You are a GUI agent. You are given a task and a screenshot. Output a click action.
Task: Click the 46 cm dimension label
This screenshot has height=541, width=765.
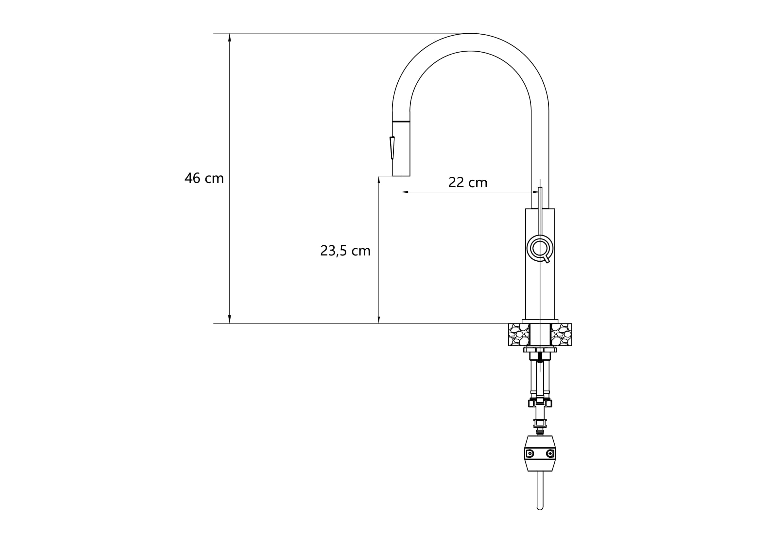coord(204,178)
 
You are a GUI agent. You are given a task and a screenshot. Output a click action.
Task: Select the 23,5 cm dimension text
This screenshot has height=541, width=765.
coord(345,251)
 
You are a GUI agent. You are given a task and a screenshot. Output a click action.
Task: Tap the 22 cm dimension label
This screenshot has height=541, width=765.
coord(468,183)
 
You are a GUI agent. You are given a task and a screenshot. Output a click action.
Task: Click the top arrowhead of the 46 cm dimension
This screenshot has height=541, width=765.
coord(229,37)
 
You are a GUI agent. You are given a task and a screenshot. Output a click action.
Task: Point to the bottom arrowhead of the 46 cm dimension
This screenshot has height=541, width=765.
coord(229,319)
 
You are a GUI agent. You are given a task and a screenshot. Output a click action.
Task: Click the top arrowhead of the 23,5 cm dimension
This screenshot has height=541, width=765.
coord(378,180)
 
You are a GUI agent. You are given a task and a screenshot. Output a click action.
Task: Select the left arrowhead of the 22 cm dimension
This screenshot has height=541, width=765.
coord(405,192)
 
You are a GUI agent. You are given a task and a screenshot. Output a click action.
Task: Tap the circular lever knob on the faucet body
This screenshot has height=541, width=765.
coord(540,248)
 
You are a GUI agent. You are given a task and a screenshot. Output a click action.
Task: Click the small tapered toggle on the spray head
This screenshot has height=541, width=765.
coord(392,148)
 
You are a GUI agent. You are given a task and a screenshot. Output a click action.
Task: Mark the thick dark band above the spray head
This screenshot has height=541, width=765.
coord(401,122)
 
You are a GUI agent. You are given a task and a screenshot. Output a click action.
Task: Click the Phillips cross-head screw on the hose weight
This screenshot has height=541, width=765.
coord(550,453)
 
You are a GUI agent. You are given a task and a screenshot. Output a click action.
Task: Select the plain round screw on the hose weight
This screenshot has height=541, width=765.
coord(530,453)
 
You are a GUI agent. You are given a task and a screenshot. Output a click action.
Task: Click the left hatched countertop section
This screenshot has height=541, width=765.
coord(519,335)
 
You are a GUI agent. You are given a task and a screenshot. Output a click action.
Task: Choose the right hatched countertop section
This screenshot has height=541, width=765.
coord(562,335)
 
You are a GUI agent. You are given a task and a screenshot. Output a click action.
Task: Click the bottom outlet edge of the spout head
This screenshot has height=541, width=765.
coord(401,175)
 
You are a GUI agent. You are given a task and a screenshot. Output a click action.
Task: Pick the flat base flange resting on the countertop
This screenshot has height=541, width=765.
coord(540,321)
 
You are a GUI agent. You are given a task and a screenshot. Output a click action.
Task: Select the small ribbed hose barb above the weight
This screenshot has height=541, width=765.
coord(540,432)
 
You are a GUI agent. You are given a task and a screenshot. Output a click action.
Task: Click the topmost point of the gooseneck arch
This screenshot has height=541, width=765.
coord(470,34)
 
